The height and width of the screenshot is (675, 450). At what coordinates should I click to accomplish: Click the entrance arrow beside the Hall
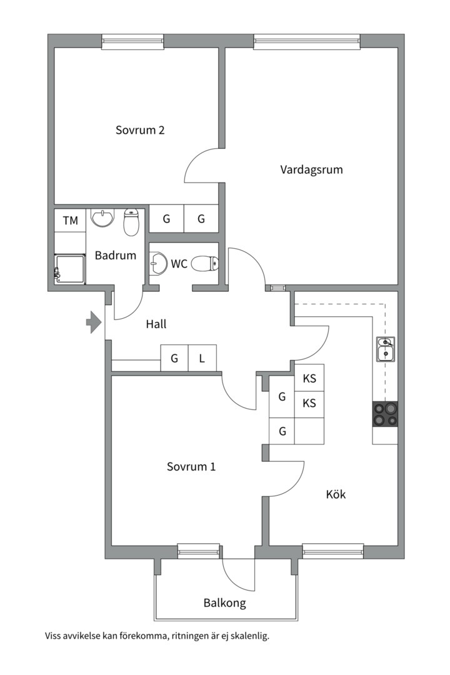point(94,322)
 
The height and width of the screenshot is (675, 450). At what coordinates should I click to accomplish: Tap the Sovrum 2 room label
point(140,130)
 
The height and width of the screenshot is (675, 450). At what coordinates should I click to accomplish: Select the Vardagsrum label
point(311,169)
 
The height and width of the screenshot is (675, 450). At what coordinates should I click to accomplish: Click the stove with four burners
point(385,414)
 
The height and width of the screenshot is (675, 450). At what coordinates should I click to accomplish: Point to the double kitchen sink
point(386,349)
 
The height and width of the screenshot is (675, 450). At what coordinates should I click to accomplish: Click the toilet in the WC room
point(204,264)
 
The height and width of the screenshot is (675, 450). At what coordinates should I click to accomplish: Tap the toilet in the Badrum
point(131,222)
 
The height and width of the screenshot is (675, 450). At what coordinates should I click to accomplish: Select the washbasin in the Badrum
point(102,217)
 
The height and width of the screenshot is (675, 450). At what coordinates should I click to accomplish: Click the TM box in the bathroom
point(70,221)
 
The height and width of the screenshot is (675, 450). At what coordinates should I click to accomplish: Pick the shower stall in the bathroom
point(70,269)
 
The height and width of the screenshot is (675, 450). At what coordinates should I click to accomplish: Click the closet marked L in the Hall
point(202,357)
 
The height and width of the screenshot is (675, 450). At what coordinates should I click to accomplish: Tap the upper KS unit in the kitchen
point(309,378)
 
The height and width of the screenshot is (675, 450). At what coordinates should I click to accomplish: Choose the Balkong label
point(225,602)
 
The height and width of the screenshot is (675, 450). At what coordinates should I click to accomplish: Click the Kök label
point(336,494)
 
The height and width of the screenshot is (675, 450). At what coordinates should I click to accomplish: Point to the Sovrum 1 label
point(191,467)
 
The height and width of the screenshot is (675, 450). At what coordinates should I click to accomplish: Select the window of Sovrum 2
point(133,41)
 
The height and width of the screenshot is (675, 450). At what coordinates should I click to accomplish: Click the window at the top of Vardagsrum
point(307,41)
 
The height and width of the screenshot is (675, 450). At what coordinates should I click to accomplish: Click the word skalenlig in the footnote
point(250,636)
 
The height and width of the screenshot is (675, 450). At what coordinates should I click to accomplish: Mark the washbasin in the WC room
point(158,263)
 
